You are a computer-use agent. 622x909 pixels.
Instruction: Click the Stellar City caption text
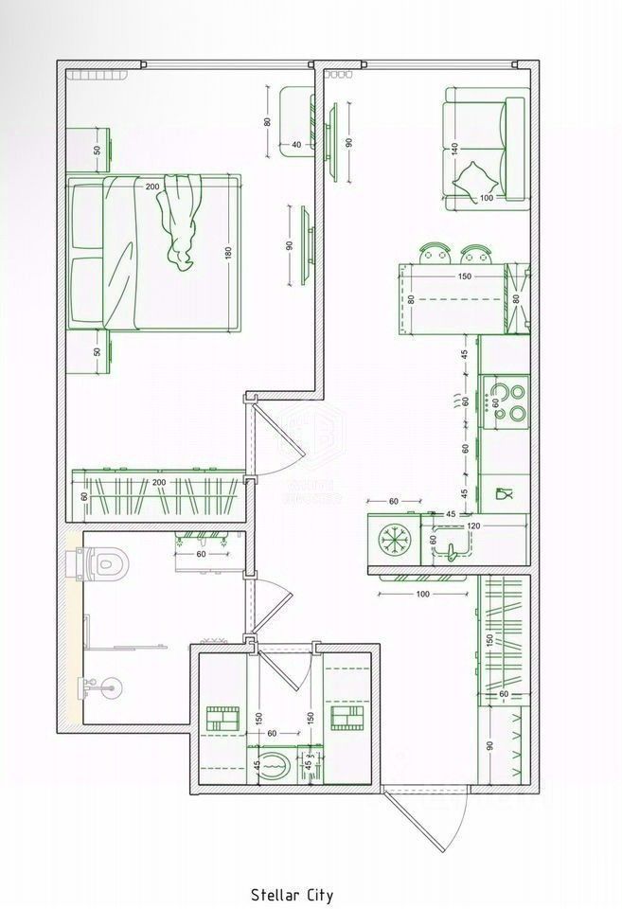(x=292, y=893)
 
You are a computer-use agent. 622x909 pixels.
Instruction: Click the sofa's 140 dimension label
(x=454, y=149)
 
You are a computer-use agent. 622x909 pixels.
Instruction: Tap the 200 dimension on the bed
(x=152, y=187)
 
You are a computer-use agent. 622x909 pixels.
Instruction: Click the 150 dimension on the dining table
(x=464, y=276)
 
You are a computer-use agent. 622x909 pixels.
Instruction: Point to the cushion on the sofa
(x=473, y=177)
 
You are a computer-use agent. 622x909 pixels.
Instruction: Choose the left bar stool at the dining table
(x=435, y=252)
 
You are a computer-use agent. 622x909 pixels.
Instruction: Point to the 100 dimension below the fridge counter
(x=422, y=594)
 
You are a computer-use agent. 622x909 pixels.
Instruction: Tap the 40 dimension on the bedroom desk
(x=296, y=144)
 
